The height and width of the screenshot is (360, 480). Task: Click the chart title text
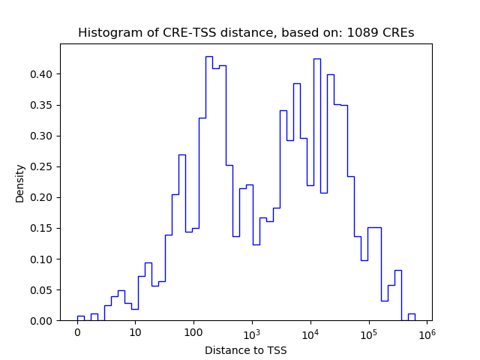pos(246,33)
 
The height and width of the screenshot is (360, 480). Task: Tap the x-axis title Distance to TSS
pos(245,350)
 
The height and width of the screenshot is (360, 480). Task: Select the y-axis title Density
pos(20,183)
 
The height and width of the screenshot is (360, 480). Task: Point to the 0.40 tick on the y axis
pos(42,74)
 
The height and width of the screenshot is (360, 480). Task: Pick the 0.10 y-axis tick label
pos(42,259)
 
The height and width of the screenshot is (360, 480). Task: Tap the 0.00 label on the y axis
pos(42,321)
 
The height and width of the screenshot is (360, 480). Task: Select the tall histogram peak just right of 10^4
pos(317,59)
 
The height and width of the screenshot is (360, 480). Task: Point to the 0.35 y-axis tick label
pos(42,105)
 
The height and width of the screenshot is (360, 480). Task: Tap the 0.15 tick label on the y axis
pos(42,229)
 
